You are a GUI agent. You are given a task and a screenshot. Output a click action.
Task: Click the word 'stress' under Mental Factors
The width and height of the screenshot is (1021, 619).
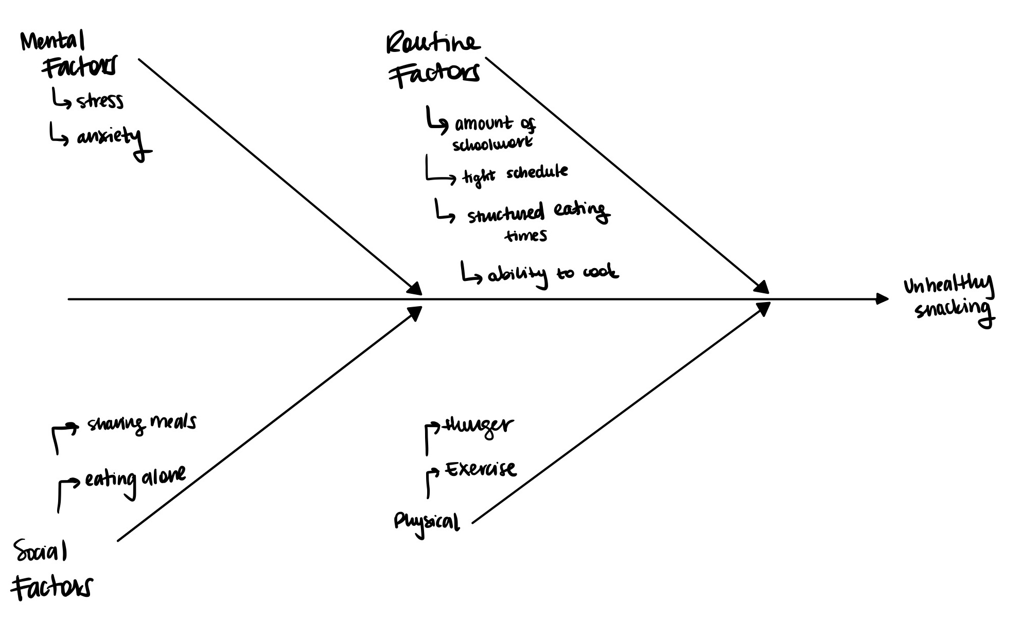point(100,101)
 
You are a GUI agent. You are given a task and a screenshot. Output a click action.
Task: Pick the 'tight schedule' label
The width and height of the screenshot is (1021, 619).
point(515,174)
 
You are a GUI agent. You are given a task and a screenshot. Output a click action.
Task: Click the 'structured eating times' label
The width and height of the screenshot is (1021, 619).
point(537,221)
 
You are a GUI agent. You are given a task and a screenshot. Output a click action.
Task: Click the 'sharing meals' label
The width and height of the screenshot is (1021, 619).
point(141,423)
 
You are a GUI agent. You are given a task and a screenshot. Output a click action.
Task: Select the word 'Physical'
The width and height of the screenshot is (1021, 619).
point(426,522)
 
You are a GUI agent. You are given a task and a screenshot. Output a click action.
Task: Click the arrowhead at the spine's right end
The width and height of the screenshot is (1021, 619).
point(882,298)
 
